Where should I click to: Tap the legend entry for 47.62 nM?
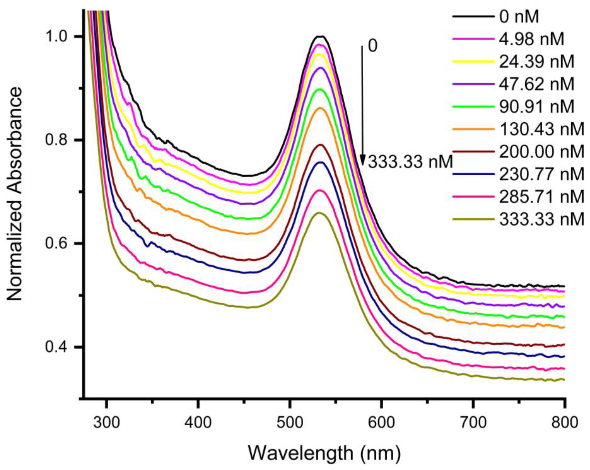point(536,84)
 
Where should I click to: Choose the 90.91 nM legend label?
point(536,107)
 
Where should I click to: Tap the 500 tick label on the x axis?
point(289,422)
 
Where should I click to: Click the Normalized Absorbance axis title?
point(14,194)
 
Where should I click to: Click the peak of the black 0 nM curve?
point(320,36)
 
